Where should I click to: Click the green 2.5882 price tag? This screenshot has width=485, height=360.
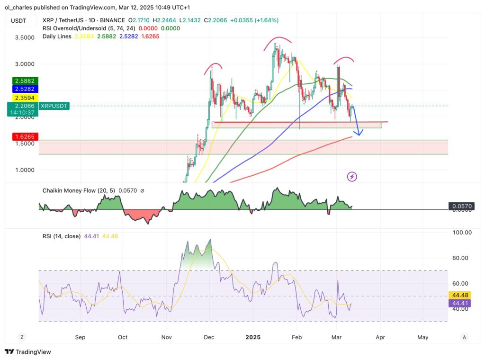pos(24,81)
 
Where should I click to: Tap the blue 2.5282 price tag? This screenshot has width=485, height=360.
pos(24,89)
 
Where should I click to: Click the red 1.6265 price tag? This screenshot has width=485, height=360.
pos(24,136)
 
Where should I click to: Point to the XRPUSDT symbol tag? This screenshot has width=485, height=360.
pos(55,106)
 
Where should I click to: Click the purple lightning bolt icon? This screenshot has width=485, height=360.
pos(352,177)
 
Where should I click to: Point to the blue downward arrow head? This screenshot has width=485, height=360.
pos(360,134)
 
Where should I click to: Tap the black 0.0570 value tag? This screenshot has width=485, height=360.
pos(461,206)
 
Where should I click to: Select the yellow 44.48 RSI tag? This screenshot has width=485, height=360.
pos(461,295)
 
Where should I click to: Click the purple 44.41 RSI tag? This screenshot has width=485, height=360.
pos(461,303)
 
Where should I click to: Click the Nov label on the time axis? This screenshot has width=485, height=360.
pos(166,337)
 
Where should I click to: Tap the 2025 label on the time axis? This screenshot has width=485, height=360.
pos(252,337)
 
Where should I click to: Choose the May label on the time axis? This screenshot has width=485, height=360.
pos(423,337)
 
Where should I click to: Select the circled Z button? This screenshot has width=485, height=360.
pos(21,337)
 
